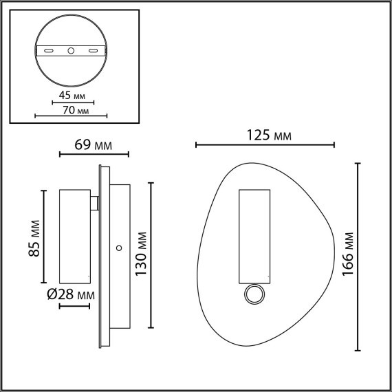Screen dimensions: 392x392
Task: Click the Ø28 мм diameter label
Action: tap(71, 294)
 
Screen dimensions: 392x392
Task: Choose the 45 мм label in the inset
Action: tap(72, 96)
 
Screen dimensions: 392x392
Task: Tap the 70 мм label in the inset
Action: tap(72, 110)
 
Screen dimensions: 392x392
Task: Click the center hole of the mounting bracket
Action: tap(72, 50)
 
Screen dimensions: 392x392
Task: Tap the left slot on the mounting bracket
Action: tap(49, 50)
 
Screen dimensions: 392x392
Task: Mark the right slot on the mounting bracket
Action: tap(94, 50)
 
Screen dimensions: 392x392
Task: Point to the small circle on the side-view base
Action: tap(119, 246)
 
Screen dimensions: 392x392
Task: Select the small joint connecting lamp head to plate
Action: tap(96, 202)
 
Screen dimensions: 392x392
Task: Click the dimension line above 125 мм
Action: tap(265, 145)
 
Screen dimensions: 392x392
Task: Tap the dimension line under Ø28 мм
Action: tap(74, 305)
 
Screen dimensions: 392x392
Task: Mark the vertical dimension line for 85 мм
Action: tap(45, 236)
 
